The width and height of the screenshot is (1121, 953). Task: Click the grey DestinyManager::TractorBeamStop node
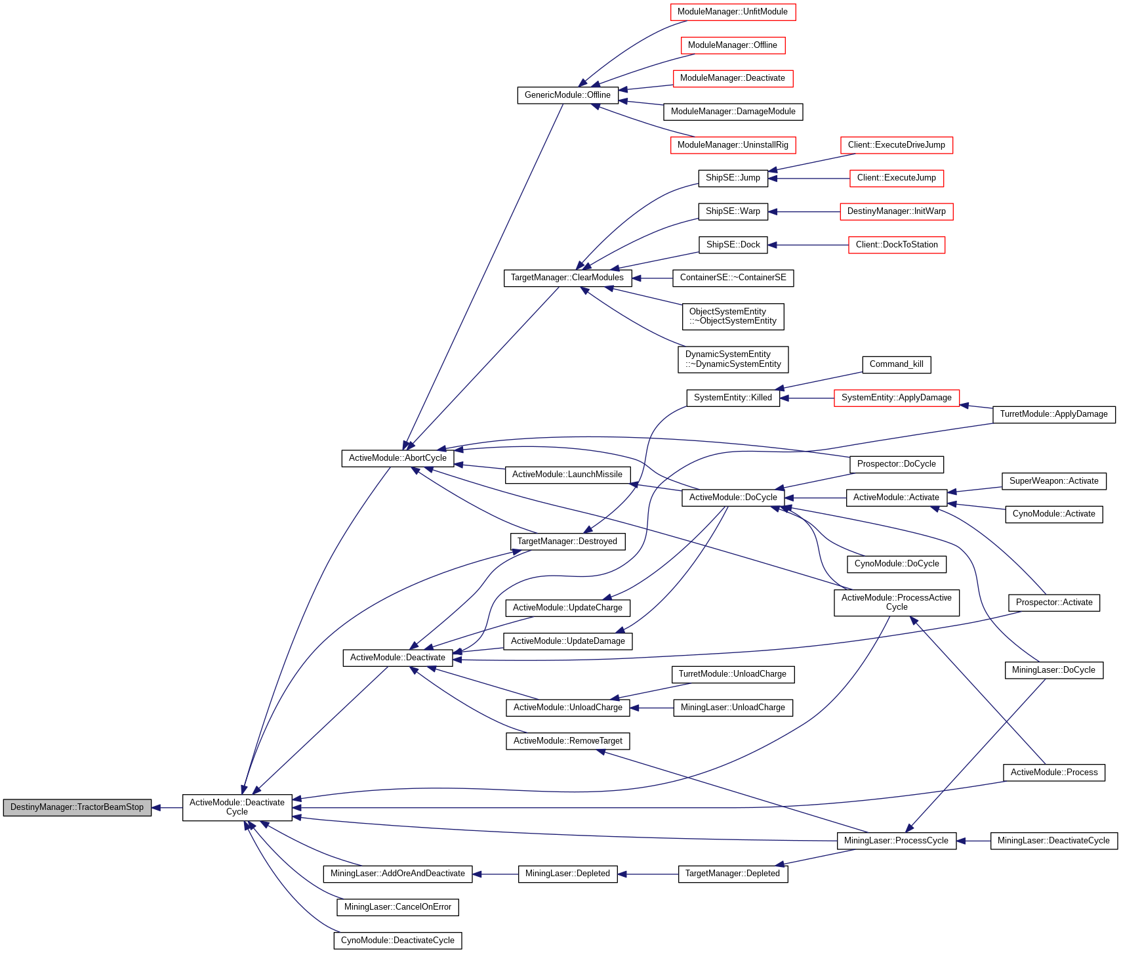(77, 807)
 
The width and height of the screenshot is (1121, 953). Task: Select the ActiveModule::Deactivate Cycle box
(237, 807)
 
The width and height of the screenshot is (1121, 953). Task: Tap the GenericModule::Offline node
(567, 95)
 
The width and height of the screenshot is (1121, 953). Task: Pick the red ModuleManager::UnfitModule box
(732, 12)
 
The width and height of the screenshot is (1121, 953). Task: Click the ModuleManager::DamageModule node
(733, 112)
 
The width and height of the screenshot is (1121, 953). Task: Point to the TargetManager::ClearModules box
(567, 278)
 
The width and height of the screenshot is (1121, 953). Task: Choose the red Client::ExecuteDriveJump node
(896, 145)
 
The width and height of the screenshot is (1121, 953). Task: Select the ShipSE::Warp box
(733, 211)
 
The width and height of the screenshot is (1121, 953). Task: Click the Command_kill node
(896, 364)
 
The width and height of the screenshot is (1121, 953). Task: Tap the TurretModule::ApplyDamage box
(1053, 414)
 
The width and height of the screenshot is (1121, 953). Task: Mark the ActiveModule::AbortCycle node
(397, 458)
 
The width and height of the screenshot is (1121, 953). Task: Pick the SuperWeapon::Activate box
(1053, 481)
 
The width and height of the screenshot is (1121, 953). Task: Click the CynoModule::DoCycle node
(896, 564)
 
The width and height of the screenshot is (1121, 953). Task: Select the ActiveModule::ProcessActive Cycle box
(896, 603)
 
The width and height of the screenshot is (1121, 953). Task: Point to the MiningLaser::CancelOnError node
(397, 907)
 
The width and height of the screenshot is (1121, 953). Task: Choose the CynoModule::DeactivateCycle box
(397, 941)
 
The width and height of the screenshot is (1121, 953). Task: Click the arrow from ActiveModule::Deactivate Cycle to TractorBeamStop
(167, 808)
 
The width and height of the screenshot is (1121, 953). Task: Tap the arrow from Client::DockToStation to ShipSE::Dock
(807, 245)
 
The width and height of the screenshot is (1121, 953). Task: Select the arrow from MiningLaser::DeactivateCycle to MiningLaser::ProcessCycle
(973, 841)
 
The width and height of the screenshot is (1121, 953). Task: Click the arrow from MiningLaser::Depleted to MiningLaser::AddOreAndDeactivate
(495, 874)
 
